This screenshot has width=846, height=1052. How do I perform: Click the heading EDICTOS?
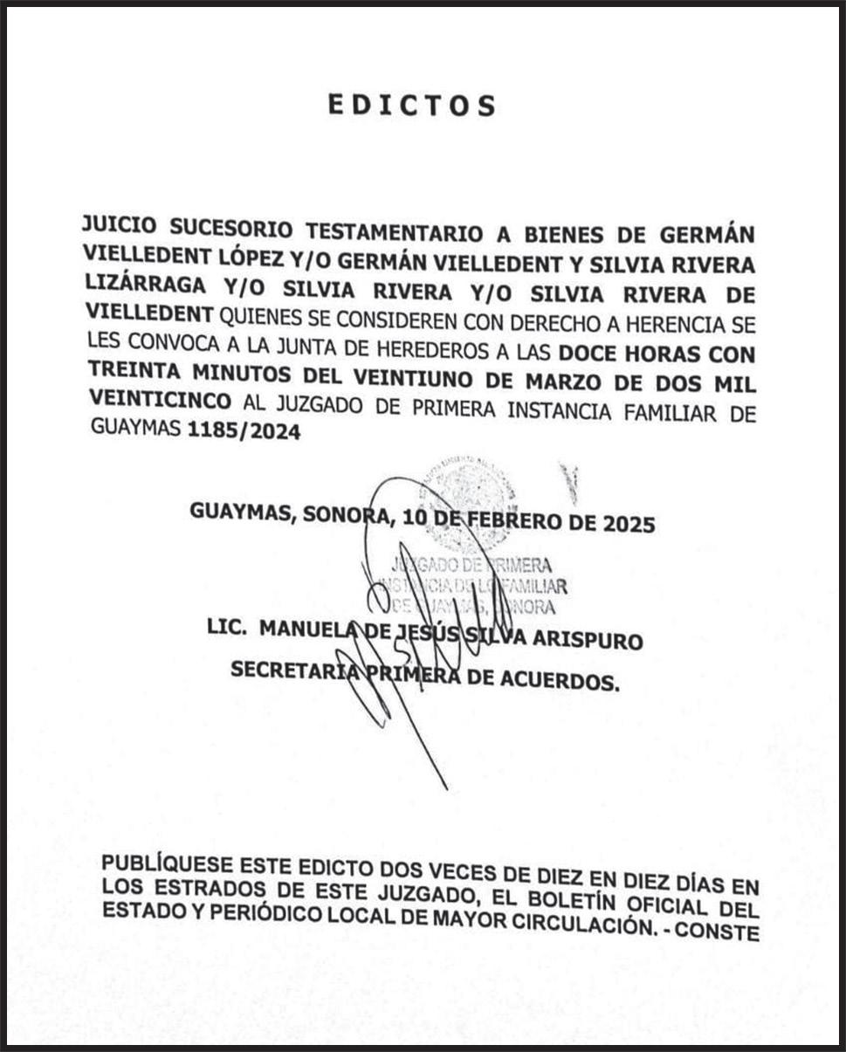(x=411, y=105)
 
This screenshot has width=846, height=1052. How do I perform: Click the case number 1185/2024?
(x=244, y=430)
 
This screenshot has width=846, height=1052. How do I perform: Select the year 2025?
(x=626, y=526)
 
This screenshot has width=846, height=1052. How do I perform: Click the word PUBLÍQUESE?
(x=167, y=864)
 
